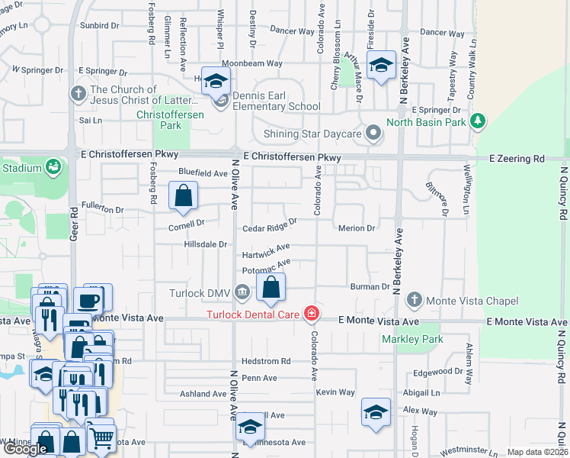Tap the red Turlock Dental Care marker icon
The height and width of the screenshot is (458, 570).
pyautogui.click(x=311, y=313)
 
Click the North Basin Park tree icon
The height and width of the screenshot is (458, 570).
pyautogui.click(x=479, y=121)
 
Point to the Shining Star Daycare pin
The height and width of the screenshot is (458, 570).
pyautogui.click(x=373, y=133)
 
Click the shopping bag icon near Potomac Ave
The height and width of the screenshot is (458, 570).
pyautogui.click(x=271, y=288)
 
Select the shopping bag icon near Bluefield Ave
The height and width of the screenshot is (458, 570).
pyautogui.click(x=184, y=196)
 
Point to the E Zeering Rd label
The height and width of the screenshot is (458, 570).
pyautogui.click(x=517, y=158)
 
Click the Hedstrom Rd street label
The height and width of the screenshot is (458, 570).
pyautogui.click(x=266, y=361)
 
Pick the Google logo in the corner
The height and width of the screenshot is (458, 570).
pyautogui.click(x=25, y=449)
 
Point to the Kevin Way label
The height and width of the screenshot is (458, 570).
pyautogui.click(x=335, y=392)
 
